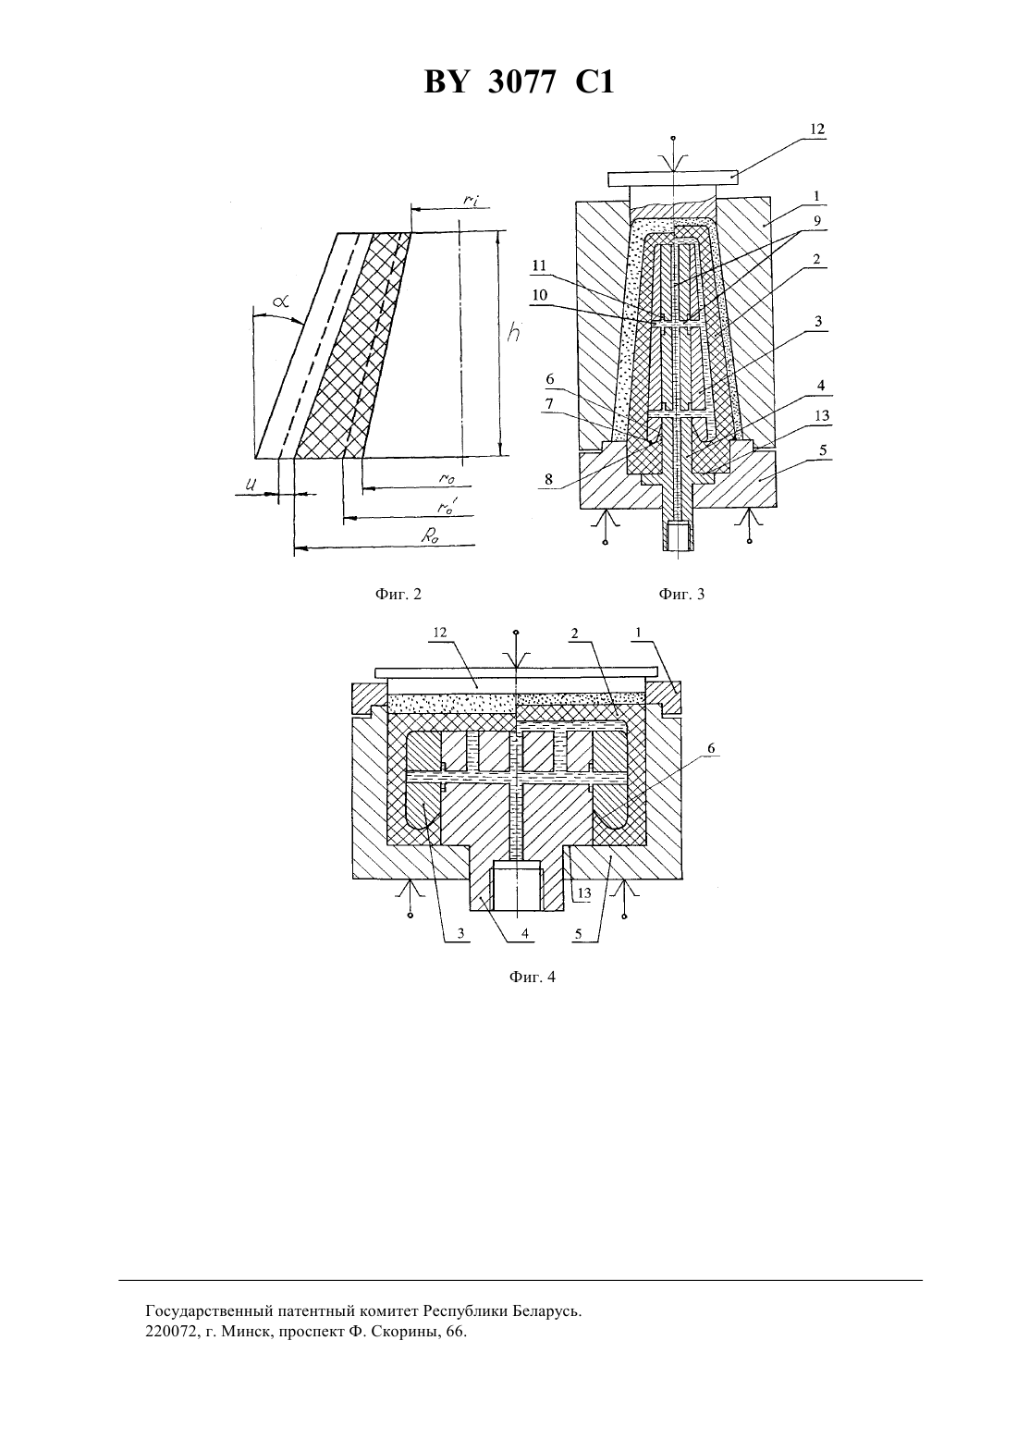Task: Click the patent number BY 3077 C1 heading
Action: coord(519,83)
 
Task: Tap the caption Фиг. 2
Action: coord(398,595)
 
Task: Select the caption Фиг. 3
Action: coord(681,595)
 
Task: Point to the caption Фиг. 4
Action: coord(532,978)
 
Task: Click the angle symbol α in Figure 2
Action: coord(280,301)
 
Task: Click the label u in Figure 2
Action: coord(253,485)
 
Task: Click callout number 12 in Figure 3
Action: coord(816,129)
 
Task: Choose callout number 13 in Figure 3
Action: coord(822,415)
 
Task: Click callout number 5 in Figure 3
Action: coord(823,450)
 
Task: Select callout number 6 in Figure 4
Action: coord(711,748)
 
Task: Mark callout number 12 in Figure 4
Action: coord(439,633)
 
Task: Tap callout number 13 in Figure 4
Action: coord(583,893)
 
